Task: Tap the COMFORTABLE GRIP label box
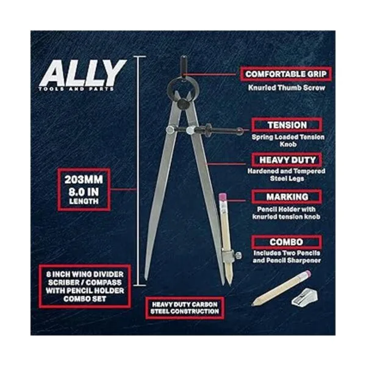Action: [285, 74]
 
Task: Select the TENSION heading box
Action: [287, 125]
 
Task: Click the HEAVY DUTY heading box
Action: [287, 160]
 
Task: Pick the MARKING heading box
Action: [287, 197]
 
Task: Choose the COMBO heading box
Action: [287, 242]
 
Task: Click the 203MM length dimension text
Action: [84, 179]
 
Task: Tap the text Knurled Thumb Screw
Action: [287, 88]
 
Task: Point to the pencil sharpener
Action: [304, 297]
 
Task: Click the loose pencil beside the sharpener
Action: [281, 288]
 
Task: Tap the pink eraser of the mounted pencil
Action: [223, 196]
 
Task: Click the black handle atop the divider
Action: [184, 66]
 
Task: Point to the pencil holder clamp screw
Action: [238, 255]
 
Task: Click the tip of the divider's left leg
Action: [146, 279]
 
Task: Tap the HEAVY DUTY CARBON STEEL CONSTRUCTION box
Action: [185, 308]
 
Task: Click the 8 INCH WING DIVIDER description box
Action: [85, 286]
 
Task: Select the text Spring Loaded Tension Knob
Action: [288, 140]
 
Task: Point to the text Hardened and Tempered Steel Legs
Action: [287, 174]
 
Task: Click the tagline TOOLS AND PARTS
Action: [76, 89]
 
